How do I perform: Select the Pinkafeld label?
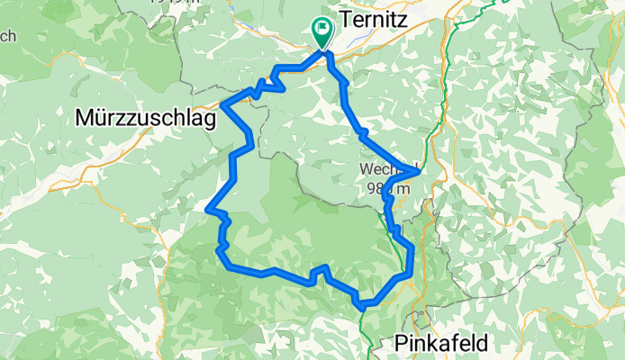tap(441, 343)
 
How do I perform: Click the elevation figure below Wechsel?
tap(388, 188)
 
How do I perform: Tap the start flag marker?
tap(322, 30)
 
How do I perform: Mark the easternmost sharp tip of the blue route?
tap(419, 170)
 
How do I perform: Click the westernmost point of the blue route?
tap(209, 210)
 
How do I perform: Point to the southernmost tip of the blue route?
tap(362, 307)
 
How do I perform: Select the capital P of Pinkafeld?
tap(401, 343)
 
